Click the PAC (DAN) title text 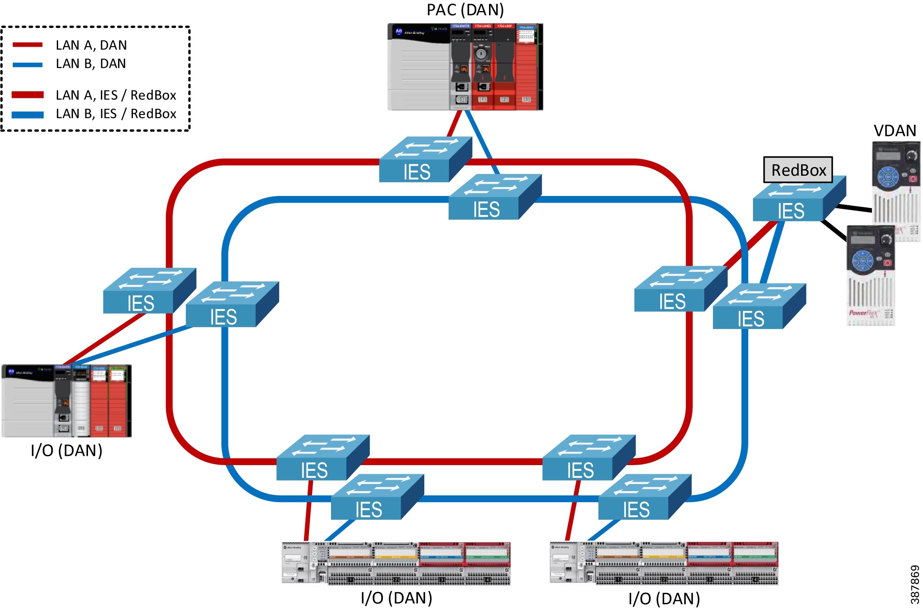[465, 10]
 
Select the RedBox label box [798, 170]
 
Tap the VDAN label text [894, 131]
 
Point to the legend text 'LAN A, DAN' [91, 45]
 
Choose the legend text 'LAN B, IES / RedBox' [116, 114]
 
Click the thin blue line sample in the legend [27, 65]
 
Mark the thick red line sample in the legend [27, 95]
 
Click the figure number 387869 [915, 584]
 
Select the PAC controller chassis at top [465, 67]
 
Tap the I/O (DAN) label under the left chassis [66, 451]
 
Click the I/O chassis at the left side [66, 401]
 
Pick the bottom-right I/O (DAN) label [664, 599]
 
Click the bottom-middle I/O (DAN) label [396, 598]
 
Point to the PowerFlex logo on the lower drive [863, 313]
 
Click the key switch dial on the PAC [481, 54]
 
